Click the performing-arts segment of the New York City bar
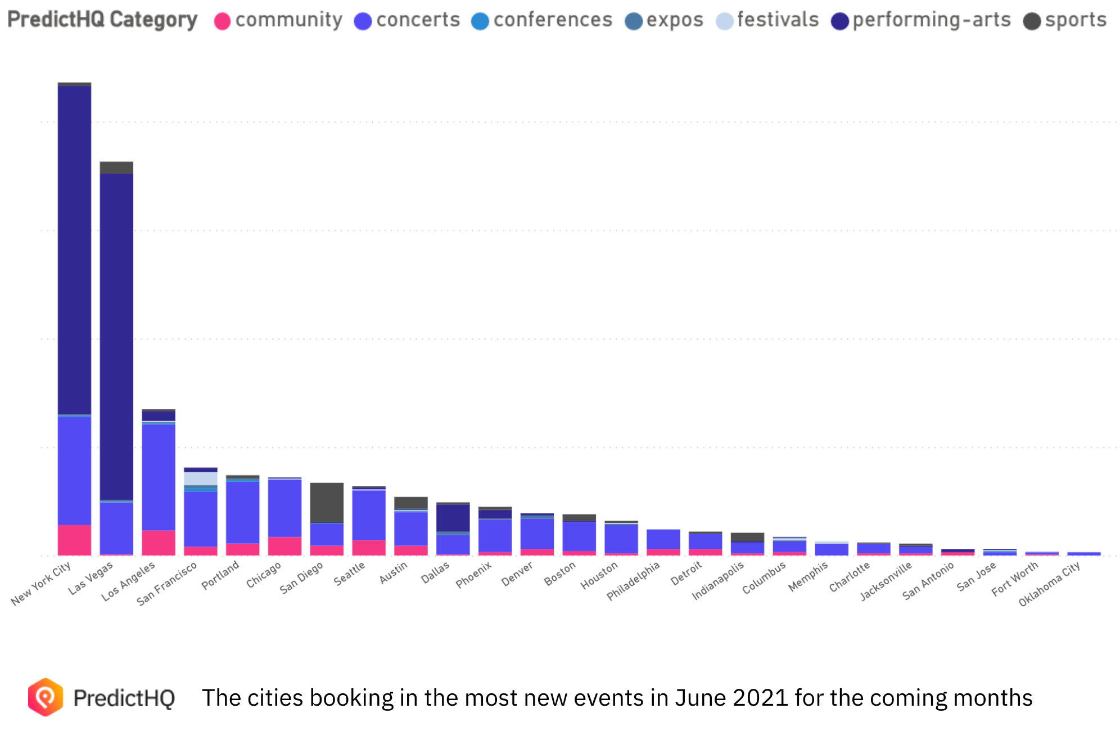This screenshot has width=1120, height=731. (x=74, y=250)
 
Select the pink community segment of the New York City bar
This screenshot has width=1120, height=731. (x=74, y=540)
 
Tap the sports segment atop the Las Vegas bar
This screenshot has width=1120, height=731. (x=116, y=168)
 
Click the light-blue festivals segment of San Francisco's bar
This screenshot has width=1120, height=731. (x=201, y=478)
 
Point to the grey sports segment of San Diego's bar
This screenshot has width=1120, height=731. (x=327, y=503)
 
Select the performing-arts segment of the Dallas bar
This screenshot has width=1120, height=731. (x=453, y=518)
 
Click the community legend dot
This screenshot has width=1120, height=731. (x=223, y=21)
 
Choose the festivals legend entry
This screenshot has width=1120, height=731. (x=778, y=20)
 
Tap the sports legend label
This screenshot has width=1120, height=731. (x=1076, y=20)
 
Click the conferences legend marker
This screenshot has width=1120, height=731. (x=480, y=21)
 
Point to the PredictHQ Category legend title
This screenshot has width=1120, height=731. (x=102, y=20)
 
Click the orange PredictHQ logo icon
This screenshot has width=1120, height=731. (x=46, y=697)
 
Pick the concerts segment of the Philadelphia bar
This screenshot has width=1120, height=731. (x=663, y=539)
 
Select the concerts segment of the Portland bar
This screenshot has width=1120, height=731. (x=243, y=512)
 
